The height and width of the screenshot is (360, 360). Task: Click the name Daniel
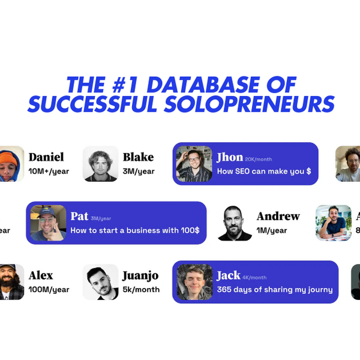coord(46,157)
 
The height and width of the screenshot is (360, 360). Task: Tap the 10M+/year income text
coord(49,171)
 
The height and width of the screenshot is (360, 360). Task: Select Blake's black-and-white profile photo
coord(101,164)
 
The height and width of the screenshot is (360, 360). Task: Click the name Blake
coord(138,157)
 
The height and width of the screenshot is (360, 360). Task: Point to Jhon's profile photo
coord(194,164)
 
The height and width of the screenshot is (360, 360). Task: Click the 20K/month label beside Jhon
coord(258,160)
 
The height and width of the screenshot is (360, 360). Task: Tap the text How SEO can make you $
coord(264,171)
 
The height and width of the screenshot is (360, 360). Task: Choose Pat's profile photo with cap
coord(48,223)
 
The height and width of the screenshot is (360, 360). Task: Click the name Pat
coord(79,216)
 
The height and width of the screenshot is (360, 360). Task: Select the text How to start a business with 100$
coord(135,230)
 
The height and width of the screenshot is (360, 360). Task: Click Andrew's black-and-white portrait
coord(235,223)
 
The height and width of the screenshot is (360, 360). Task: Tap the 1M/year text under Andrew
coord(272,230)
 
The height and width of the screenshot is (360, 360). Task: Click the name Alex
coord(41,275)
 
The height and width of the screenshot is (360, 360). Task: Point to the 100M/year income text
coord(49,290)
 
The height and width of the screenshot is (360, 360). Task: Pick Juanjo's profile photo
coord(101,282)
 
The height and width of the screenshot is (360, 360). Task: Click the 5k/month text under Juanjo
coord(141,290)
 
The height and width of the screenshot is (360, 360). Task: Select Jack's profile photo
coord(194,282)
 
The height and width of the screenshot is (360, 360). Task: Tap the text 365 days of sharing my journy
coord(275,290)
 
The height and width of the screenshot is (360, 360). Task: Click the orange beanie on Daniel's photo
coord(8,158)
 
